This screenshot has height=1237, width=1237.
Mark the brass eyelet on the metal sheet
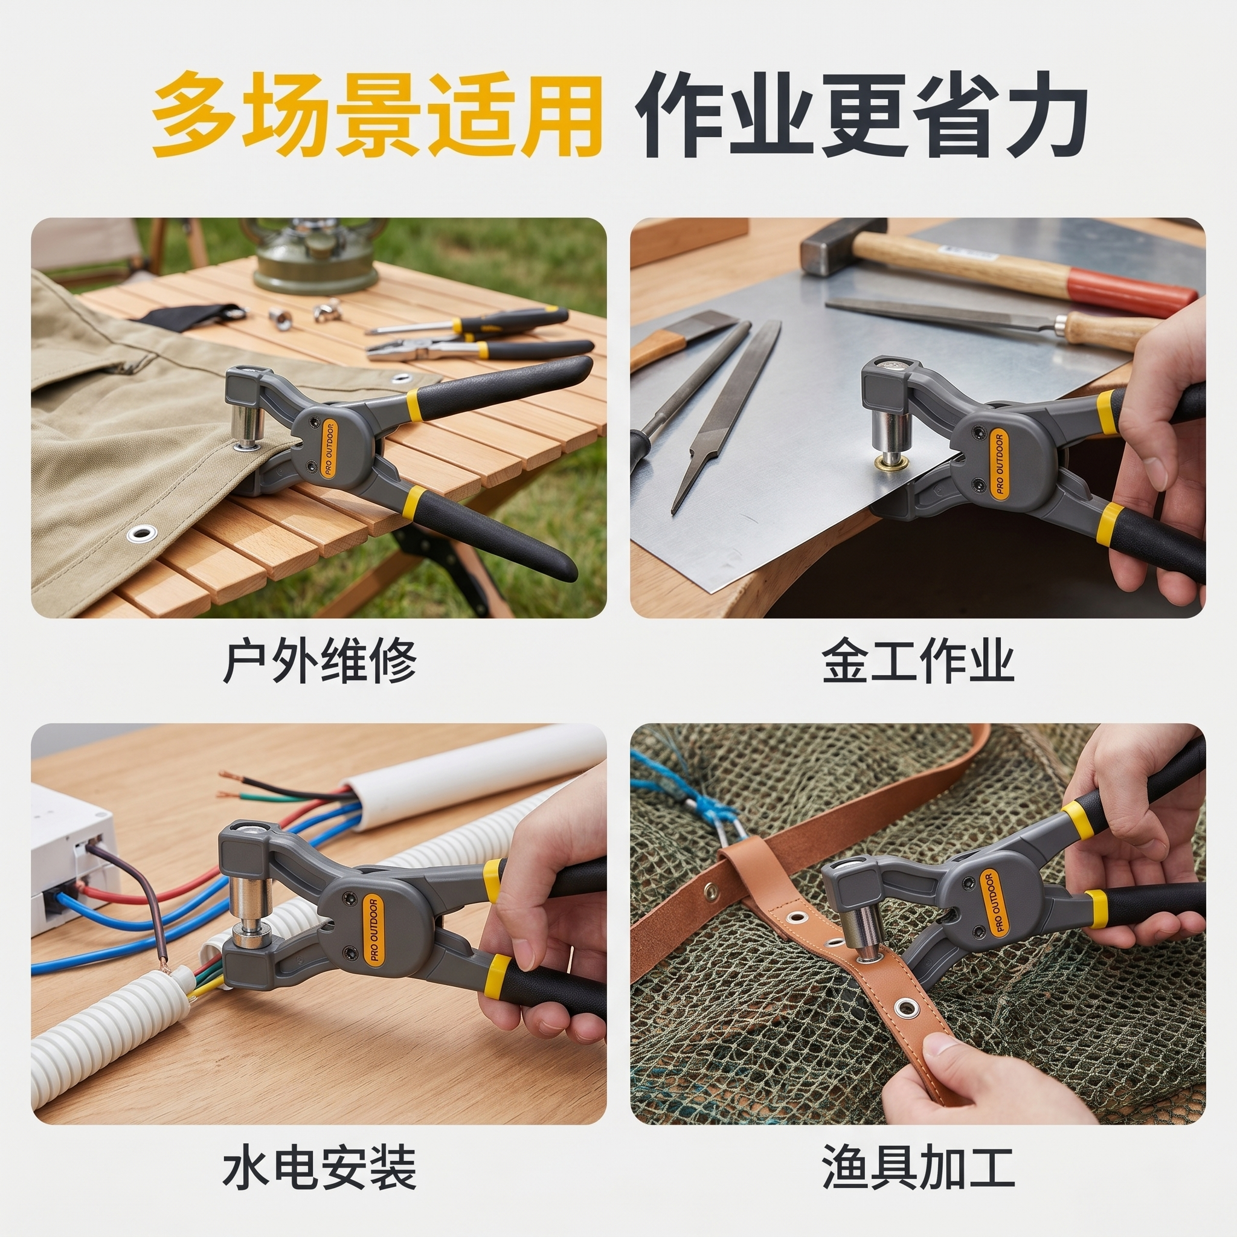(x=888, y=462)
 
